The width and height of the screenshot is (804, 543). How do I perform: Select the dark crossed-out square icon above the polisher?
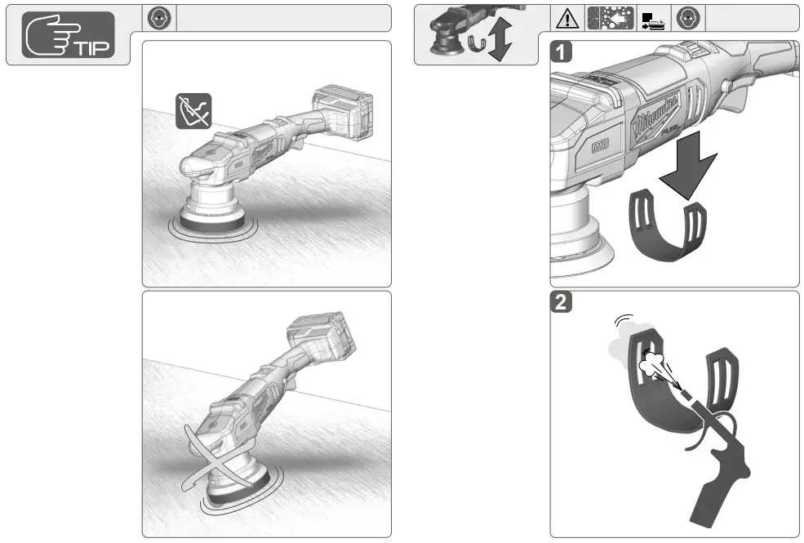click(x=193, y=110)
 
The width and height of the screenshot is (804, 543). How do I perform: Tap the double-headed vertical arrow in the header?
click(x=500, y=41)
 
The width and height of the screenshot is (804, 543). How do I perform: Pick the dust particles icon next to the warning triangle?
click(x=605, y=17)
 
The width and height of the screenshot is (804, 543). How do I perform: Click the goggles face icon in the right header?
click(x=690, y=17)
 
